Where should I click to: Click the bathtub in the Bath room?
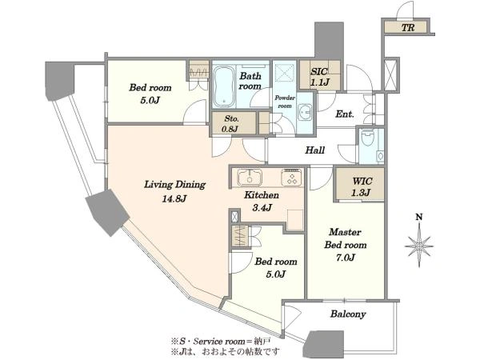(224, 86)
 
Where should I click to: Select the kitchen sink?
(250, 177)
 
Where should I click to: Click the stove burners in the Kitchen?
(291, 178)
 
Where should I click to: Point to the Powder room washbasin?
(305, 112)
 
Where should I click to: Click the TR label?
(408, 28)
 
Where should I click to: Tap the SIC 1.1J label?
(320, 77)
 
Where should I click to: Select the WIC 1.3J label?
(362, 186)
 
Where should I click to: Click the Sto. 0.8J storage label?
(232, 124)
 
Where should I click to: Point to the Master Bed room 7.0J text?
(346, 245)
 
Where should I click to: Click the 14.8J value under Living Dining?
(174, 199)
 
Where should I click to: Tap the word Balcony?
(348, 314)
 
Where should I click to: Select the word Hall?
(315, 150)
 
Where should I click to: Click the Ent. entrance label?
(345, 114)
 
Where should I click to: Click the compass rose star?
(418, 246)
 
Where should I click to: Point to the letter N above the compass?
(419, 217)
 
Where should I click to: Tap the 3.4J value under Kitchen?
(262, 208)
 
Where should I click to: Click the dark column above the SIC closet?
(329, 40)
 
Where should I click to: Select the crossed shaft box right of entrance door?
(391, 74)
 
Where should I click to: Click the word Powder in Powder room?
(285, 98)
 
